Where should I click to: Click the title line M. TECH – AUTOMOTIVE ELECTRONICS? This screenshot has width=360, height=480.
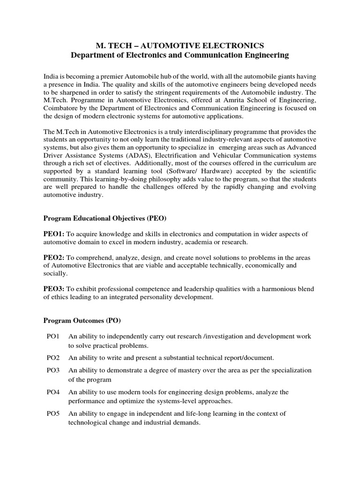coord(180,45)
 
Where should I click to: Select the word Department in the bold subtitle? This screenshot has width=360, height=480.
coord(92,56)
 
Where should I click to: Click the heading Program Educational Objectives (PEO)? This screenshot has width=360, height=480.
coord(105,218)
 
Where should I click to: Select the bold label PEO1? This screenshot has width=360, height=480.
coord(54,234)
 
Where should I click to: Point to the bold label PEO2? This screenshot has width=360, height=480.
coord(54,258)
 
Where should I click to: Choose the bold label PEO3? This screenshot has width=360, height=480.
coord(54,289)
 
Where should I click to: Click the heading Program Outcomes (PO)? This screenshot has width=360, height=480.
coord(82,321)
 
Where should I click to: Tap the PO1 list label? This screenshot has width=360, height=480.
coord(53,337)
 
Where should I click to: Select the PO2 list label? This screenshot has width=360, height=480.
coord(53,358)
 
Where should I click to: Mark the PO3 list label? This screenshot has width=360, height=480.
coord(53,370)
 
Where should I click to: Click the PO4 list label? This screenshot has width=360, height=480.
coord(53,392)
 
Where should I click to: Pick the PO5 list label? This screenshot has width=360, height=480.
coord(53,413)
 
